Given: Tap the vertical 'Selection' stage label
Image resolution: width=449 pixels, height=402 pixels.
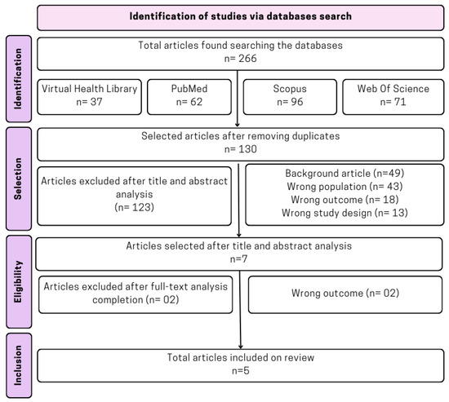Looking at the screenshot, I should pyautogui.click(x=17, y=179).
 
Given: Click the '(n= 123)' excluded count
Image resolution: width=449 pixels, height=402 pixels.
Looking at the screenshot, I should pyautogui.click(x=135, y=208).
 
